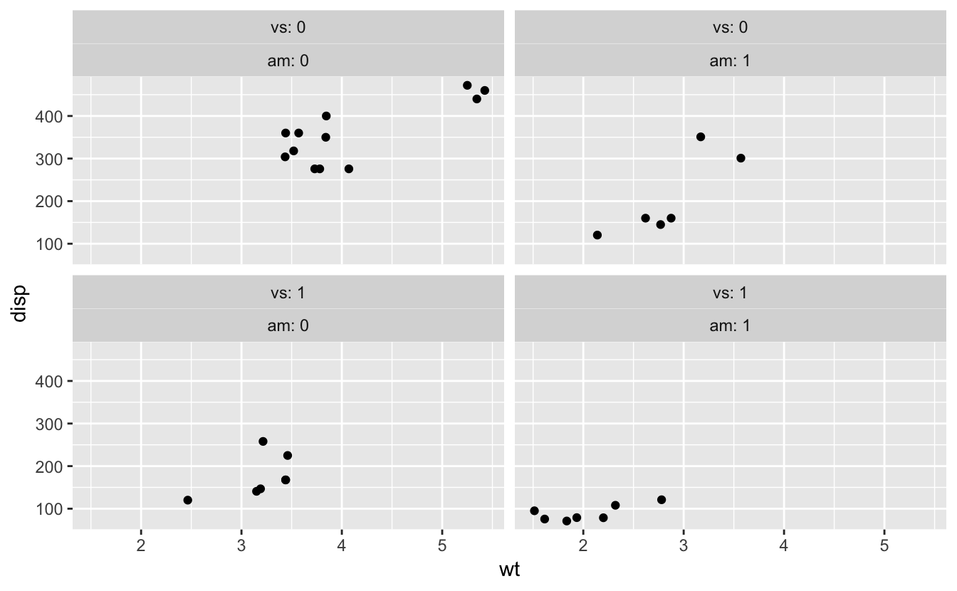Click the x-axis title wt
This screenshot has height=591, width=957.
click(x=510, y=570)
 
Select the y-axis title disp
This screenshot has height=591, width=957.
click(x=19, y=303)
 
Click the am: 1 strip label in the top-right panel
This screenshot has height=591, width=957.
click(x=730, y=61)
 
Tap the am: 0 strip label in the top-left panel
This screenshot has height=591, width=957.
click(x=288, y=61)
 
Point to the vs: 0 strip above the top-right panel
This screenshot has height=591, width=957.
click(x=730, y=28)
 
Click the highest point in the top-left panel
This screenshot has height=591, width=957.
click(x=467, y=85)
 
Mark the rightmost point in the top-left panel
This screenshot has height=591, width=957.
click(x=485, y=90)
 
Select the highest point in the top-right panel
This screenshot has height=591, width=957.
click(x=701, y=137)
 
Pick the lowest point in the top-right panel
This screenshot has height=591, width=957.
click(x=597, y=235)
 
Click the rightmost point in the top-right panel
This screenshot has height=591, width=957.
click(x=741, y=158)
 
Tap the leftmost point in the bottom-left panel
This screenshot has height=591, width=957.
click(x=188, y=501)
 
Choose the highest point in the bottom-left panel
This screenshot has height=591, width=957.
click(x=263, y=441)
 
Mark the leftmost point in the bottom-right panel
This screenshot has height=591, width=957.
click(x=535, y=511)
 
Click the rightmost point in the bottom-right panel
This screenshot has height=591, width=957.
click(x=661, y=500)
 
